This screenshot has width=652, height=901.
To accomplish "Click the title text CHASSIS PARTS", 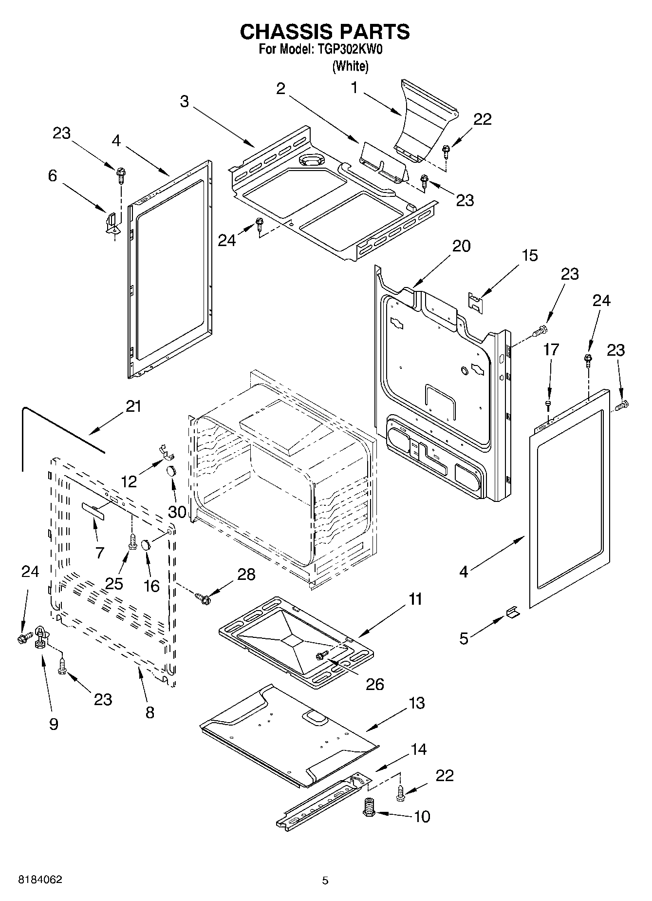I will pyautogui.click(x=325, y=32).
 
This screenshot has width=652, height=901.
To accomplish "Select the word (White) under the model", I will pyautogui.click(x=350, y=66).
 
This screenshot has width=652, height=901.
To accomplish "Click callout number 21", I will pyautogui.click(x=133, y=406).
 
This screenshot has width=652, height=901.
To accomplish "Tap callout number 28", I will pyautogui.click(x=246, y=574).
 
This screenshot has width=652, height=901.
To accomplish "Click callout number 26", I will pyautogui.click(x=375, y=684).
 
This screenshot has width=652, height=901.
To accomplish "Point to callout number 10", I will pyautogui.click(x=422, y=816).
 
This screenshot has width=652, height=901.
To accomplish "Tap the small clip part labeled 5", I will pyautogui.click(x=513, y=612).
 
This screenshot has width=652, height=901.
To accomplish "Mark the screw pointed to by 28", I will pyautogui.click(x=203, y=596).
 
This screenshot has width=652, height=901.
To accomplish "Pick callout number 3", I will pyautogui.click(x=184, y=101).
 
